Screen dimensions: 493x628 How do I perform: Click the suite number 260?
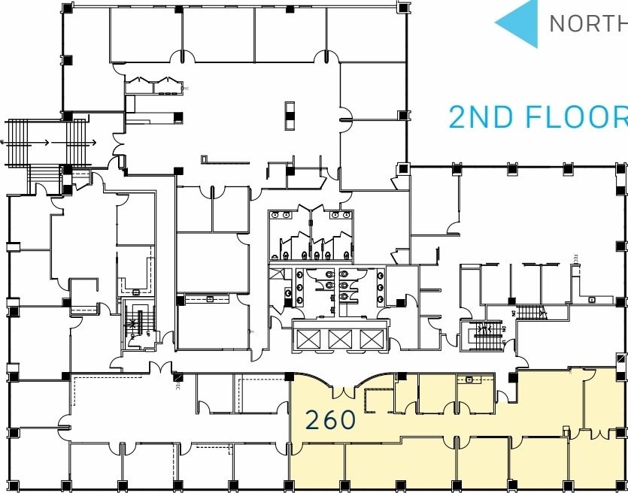click(330, 420)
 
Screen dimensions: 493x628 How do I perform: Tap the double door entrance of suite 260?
click(342, 390)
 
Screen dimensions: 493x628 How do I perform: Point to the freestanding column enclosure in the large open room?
click(290, 115)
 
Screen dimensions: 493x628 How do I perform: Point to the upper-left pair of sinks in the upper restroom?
click(281, 215)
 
